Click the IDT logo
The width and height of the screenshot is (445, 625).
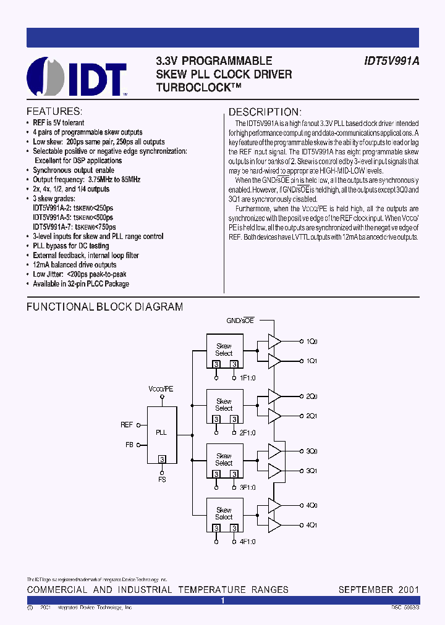pyautogui.click(x=77, y=77)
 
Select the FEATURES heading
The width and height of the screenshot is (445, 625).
pyautogui.click(x=54, y=112)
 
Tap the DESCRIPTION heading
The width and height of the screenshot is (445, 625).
pyautogui.click(x=265, y=112)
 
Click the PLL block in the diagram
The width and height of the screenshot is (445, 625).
pyautogui.click(x=161, y=433)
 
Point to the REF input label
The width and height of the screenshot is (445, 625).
pyautogui.click(x=127, y=425)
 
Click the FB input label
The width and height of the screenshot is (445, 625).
pyautogui.click(x=129, y=444)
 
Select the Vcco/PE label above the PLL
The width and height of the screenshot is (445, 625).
pyautogui.click(x=161, y=389)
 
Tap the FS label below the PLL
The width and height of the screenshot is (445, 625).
pyautogui.click(x=162, y=479)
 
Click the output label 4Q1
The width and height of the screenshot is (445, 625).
pyautogui.click(x=312, y=526)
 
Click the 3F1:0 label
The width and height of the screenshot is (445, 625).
pyautogui.click(x=247, y=487)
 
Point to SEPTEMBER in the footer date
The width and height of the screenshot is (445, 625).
pyautogui.click(x=365, y=590)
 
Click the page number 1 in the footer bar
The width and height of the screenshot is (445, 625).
pyautogui.click(x=222, y=600)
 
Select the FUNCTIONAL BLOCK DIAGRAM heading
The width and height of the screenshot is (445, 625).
pyautogui.click(x=104, y=307)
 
